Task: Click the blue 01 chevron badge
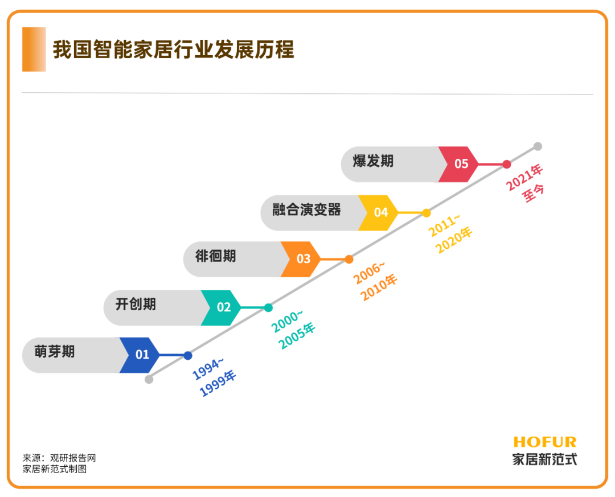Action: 140,355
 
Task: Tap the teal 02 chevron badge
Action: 221,307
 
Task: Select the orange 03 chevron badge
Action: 301,259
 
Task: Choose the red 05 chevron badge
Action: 458,164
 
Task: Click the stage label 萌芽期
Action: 55,351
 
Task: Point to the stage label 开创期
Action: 136,304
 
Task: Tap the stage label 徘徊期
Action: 216,256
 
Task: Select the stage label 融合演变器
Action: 307,210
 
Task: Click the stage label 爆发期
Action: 373,161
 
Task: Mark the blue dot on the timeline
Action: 188,356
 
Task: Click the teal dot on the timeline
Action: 268,308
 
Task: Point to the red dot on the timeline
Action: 507,165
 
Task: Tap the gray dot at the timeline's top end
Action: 538,146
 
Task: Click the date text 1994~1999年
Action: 214,376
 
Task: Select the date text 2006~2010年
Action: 375,281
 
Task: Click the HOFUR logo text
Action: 545,442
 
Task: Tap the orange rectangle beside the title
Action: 34,49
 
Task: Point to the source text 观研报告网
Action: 73,458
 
